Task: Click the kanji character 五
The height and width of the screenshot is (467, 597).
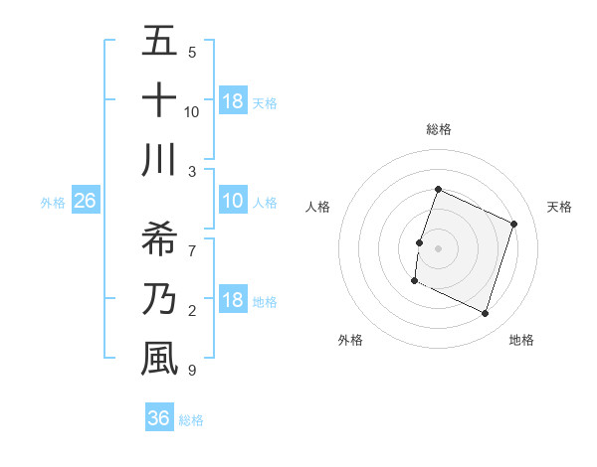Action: pyautogui.click(x=159, y=43)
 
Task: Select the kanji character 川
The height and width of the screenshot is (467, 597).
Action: pyautogui.click(x=159, y=161)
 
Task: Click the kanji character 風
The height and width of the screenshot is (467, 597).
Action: pyautogui.click(x=159, y=358)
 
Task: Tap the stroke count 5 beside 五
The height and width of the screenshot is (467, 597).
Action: pyautogui.click(x=192, y=52)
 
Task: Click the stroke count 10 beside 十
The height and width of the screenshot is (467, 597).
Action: pyautogui.click(x=192, y=111)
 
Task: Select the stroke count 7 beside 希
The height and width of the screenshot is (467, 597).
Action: pyautogui.click(x=192, y=239)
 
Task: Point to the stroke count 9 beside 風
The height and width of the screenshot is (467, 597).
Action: pyautogui.click(x=192, y=371)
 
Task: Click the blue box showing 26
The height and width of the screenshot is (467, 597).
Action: pyautogui.click(x=85, y=202)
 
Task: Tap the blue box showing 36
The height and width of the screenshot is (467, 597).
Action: pyautogui.click(x=158, y=418)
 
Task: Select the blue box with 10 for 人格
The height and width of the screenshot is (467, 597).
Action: pyautogui.click(x=232, y=202)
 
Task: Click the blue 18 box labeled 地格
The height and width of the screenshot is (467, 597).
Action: pyautogui.click(x=232, y=301)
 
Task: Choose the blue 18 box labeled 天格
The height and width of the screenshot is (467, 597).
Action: pyautogui.click(x=232, y=100)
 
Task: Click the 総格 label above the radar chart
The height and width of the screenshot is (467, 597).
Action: pyautogui.click(x=438, y=129)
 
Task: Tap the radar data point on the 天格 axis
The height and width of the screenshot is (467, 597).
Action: pyautogui.click(x=514, y=224)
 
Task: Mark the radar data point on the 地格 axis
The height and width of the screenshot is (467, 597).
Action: pyautogui.click(x=486, y=314)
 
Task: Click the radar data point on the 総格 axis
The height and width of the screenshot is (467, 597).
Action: pyautogui.click(x=438, y=190)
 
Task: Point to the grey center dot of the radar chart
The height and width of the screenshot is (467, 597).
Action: pyautogui.click(x=438, y=248)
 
